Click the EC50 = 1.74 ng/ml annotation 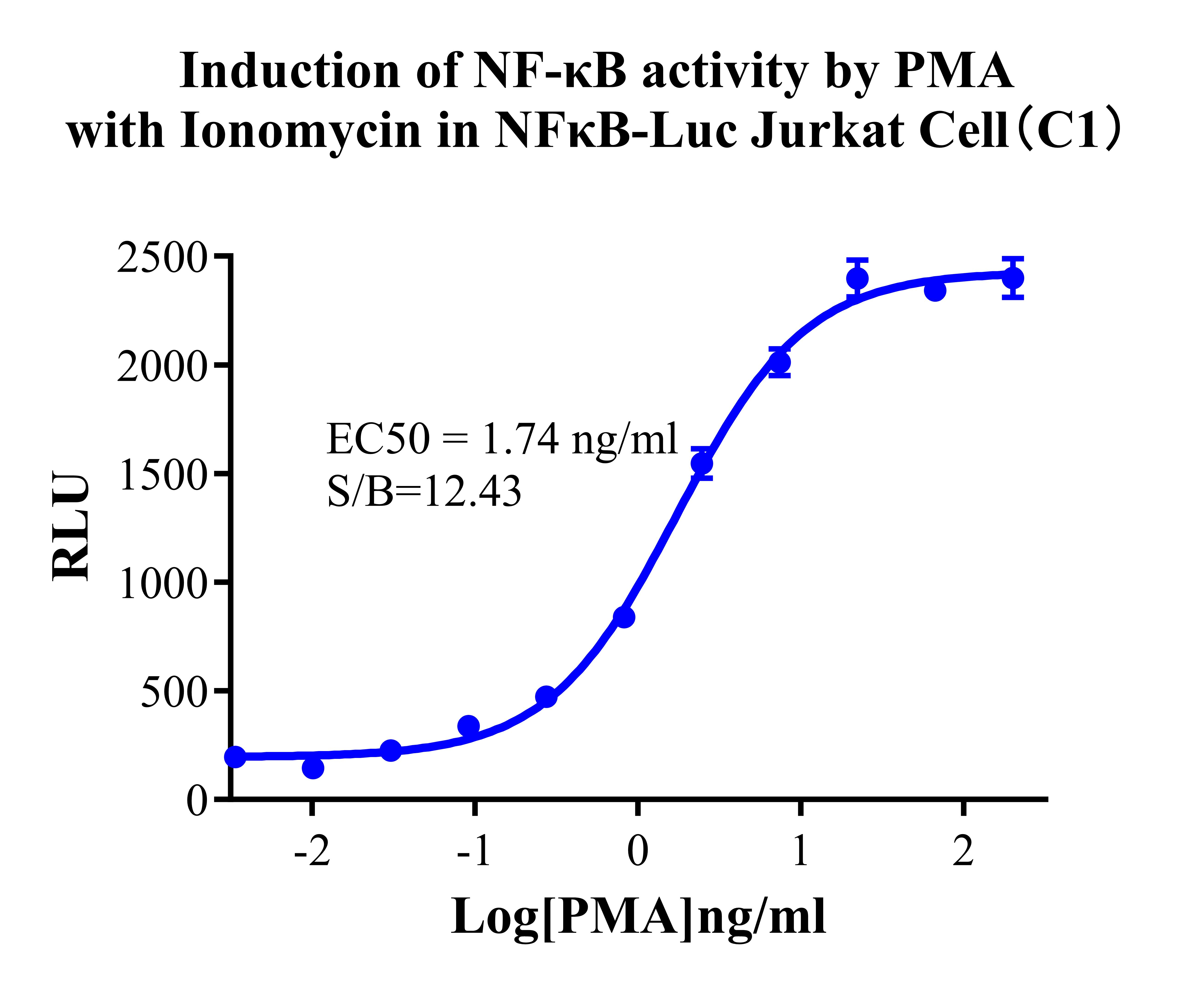click(502, 439)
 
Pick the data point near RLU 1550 click(702, 463)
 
